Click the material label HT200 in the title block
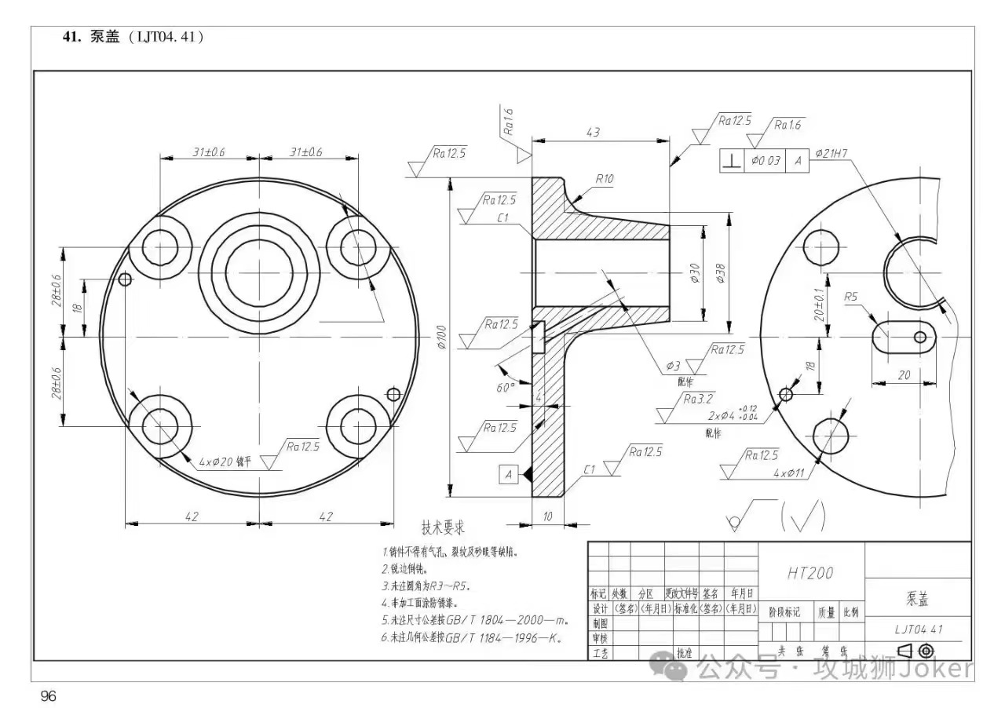point(810,574)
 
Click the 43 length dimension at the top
point(593,133)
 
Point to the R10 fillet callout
point(604,179)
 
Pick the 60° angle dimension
point(506,386)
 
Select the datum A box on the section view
point(508,474)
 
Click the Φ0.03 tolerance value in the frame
point(766,160)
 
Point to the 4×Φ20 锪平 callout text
point(225,462)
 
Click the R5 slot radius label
point(851,297)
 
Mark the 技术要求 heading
point(444,527)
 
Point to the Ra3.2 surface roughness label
point(698,399)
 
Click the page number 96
point(49,696)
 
